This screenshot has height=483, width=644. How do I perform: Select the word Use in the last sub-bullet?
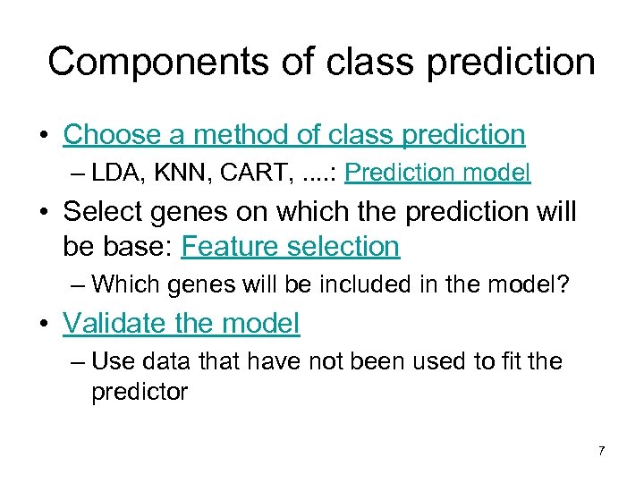[x=109, y=361]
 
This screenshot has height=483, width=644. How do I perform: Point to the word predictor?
[x=140, y=393]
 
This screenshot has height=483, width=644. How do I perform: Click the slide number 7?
[x=601, y=451]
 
